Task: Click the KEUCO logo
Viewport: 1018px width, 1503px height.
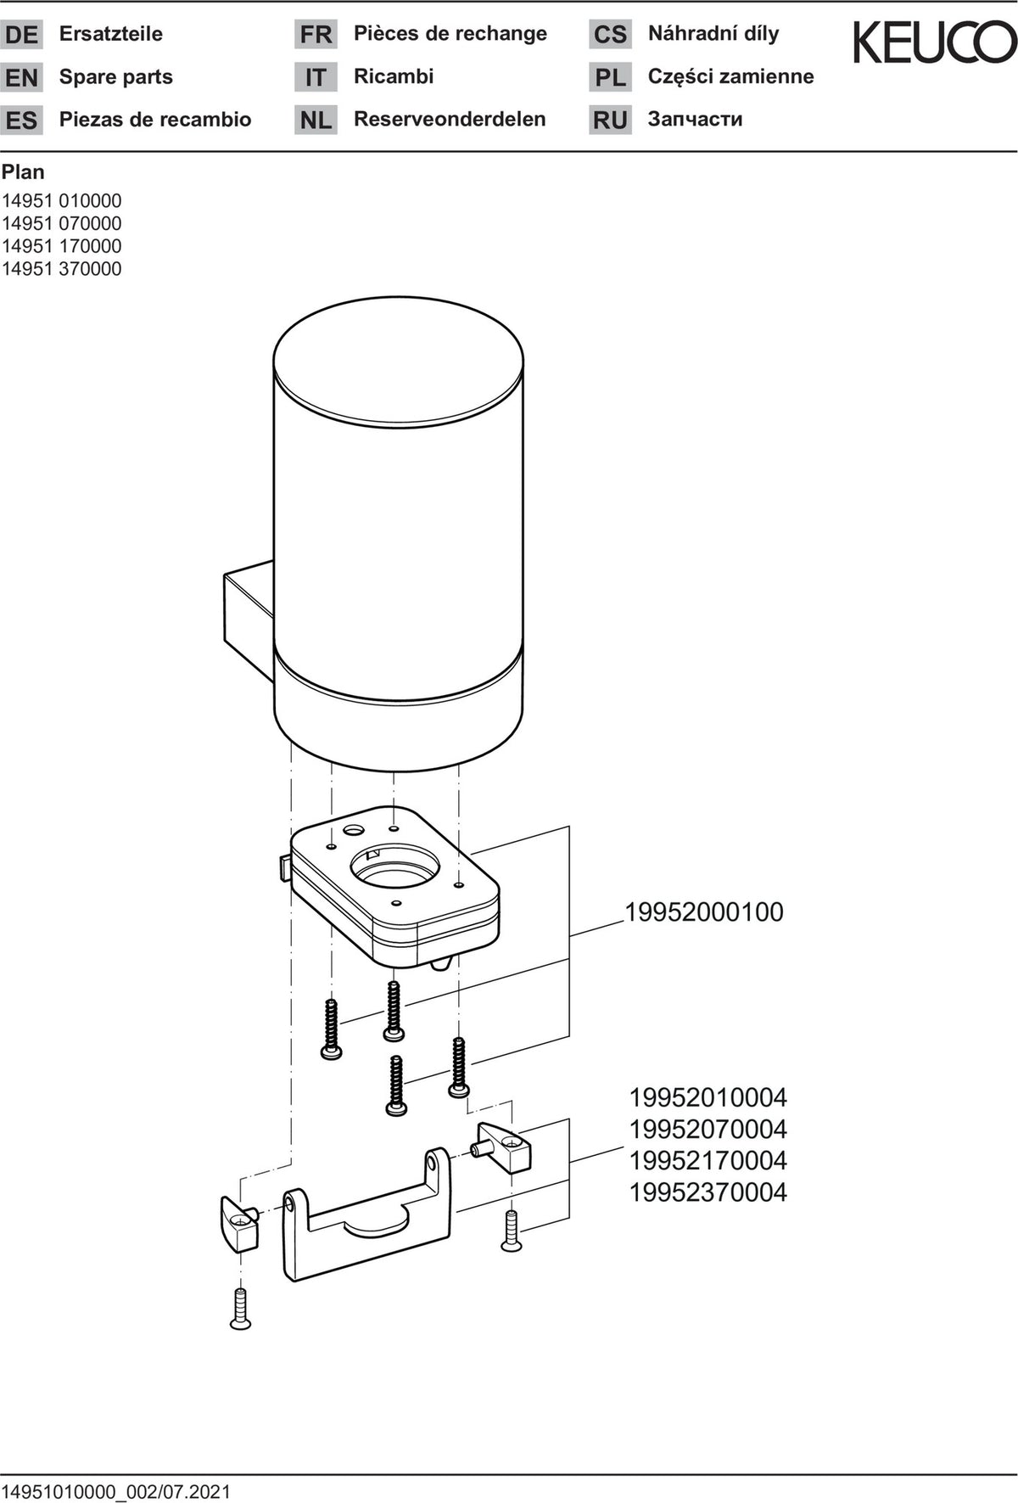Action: (935, 42)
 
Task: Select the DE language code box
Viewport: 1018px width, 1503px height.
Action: (21, 35)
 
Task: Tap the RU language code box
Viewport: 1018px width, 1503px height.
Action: (610, 121)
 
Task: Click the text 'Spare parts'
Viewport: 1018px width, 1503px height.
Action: (116, 77)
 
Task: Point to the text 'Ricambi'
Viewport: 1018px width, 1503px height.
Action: (394, 76)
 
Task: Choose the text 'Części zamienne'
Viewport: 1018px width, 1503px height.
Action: (731, 76)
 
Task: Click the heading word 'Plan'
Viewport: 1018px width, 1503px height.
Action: (23, 172)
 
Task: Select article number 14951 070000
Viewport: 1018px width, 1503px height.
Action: (62, 224)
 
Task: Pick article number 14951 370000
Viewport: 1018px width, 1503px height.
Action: (62, 269)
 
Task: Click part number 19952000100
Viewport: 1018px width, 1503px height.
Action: (704, 912)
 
